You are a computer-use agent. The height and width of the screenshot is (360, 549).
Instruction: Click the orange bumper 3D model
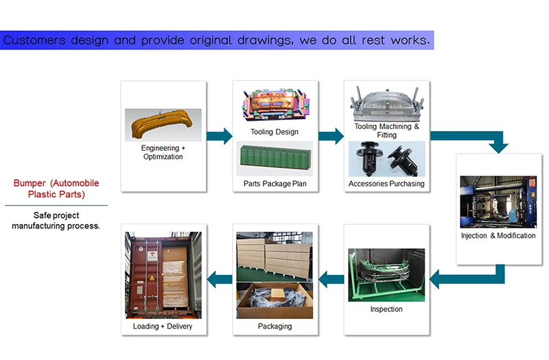163,125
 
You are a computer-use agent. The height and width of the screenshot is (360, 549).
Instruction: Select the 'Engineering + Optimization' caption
163,152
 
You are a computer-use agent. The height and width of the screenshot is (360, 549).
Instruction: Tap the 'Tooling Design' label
274,132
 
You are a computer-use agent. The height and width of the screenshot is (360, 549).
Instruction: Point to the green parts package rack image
274,160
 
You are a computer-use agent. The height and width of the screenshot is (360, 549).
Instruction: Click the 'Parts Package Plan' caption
274,184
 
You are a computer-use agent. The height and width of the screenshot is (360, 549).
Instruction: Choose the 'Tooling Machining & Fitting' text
386,130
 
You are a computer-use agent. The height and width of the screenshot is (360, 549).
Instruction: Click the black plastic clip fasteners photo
386,159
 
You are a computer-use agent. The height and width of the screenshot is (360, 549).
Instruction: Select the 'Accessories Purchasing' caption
386,184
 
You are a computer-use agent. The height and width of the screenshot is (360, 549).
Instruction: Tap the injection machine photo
498,202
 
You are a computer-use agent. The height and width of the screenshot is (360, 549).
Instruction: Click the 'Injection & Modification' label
498,236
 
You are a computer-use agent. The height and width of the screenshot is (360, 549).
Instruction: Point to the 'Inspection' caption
386,309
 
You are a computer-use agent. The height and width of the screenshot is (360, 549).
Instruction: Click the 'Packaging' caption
274,326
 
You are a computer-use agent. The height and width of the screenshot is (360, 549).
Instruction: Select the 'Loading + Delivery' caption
163,326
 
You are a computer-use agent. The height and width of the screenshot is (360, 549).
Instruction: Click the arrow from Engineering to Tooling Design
219,136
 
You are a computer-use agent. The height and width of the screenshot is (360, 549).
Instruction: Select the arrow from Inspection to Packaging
331,278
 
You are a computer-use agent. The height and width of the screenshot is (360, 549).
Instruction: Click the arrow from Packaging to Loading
220,278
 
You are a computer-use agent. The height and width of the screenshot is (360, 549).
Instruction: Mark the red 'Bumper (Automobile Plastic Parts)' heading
56,189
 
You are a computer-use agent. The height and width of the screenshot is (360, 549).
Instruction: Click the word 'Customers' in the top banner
34,40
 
